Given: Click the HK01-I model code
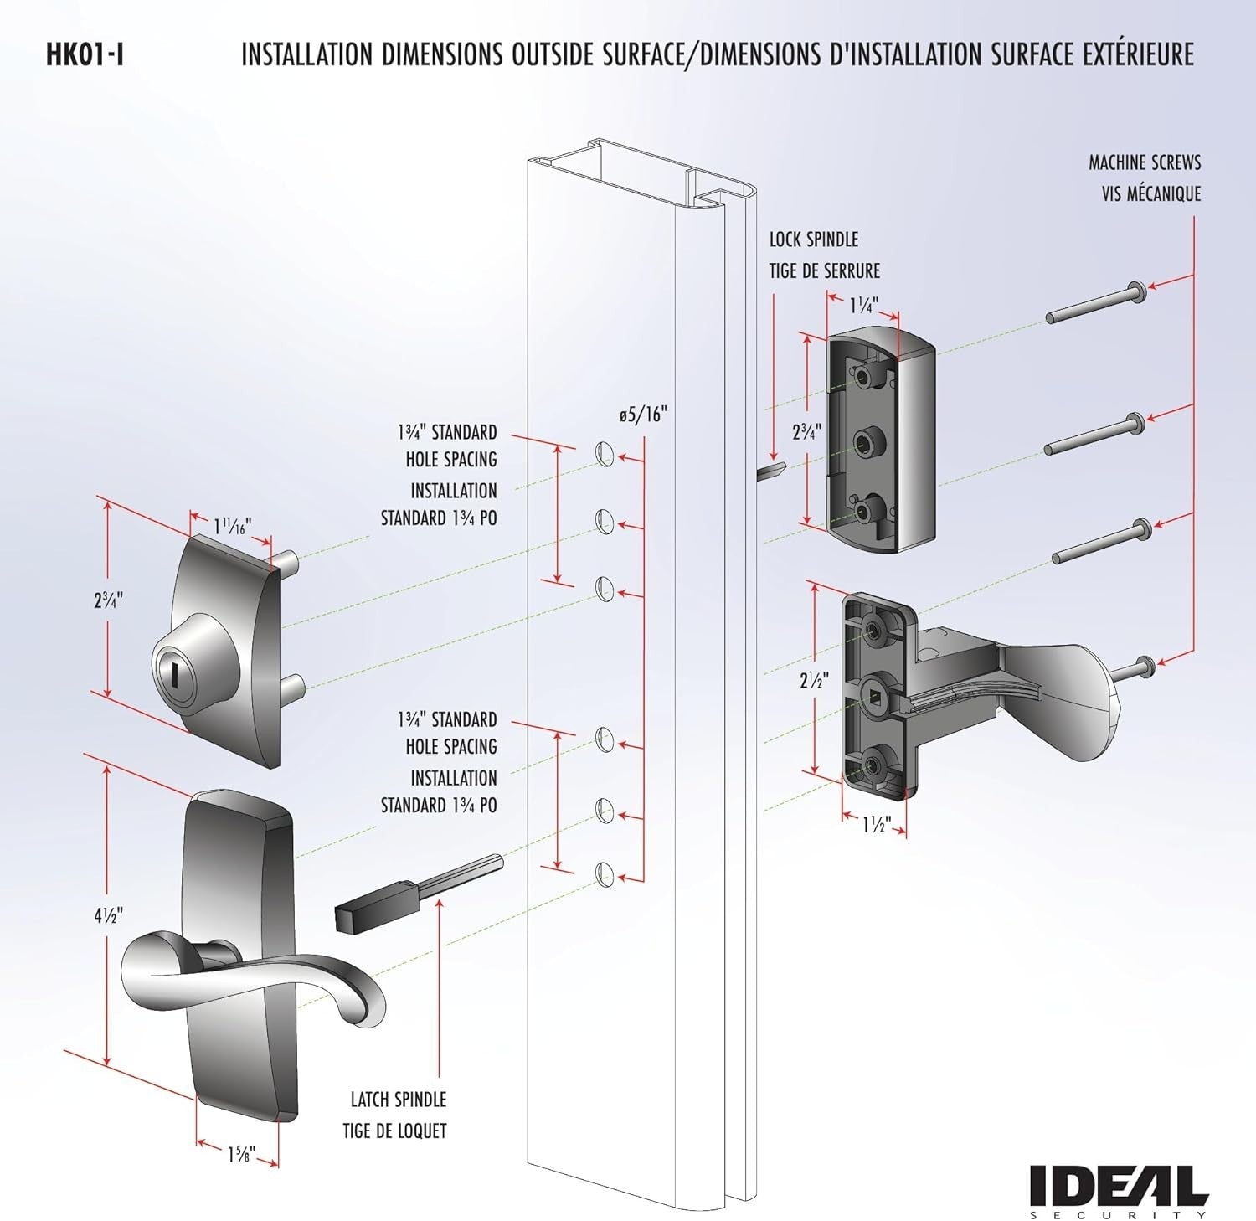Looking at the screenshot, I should (85, 56).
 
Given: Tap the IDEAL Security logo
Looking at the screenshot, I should (1119, 1189).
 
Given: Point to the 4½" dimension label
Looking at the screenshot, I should (109, 915).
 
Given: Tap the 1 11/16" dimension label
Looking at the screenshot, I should (232, 527).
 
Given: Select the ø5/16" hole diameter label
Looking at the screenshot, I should (643, 415).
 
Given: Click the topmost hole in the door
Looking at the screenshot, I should (604, 455).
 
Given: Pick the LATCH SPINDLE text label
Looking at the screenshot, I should (398, 1100).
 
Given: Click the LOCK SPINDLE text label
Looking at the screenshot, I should (814, 240).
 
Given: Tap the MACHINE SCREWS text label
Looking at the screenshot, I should (1144, 162).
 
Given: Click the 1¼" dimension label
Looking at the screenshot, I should (864, 306).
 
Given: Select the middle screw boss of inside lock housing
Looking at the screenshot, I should (863, 440).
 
